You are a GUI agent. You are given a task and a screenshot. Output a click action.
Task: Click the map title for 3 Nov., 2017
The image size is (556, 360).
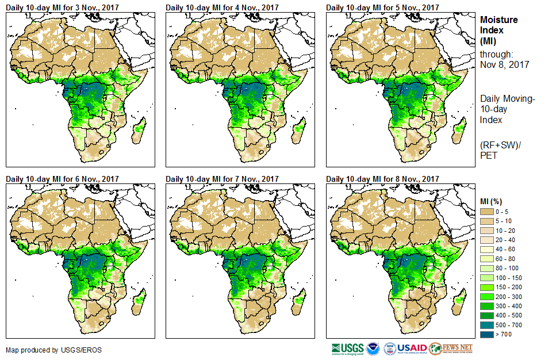pyautogui.click(x=62, y=7)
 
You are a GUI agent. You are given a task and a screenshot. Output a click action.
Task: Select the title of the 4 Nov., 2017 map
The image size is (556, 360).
pyautogui.click(x=222, y=7)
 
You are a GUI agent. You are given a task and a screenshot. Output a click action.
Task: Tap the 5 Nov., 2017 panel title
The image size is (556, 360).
pyautogui.click(x=382, y=7)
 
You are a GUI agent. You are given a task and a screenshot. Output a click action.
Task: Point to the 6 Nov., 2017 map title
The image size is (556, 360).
pyautogui.click(x=62, y=179)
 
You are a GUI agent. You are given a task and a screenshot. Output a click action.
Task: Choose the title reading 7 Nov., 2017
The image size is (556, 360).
pyautogui.click(x=222, y=179)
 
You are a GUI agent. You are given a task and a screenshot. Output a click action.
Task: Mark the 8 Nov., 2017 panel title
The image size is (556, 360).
pyautogui.click(x=382, y=179)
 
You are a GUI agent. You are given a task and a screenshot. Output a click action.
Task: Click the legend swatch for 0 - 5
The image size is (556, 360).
pyautogui.click(x=487, y=212)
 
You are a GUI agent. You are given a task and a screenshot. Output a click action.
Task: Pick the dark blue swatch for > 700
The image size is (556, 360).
pyautogui.click(x=487, y=334)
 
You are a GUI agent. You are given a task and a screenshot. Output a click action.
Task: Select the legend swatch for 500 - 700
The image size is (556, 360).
pyautogui.click(x=487, y=324)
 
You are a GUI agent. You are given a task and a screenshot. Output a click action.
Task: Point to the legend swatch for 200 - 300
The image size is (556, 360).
pyautogui.click(x=487, y=296)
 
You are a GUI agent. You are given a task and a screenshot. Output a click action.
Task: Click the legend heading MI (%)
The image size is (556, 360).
pyautogui.click(x=493, y=201)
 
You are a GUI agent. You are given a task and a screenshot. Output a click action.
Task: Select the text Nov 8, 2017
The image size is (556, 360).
pyautogui.click(x=505, y=64)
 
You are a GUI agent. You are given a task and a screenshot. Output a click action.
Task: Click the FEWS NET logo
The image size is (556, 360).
pyautogui.click(x=451, y=348)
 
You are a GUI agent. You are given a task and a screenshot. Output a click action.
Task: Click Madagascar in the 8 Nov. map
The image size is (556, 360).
pyautogui.click(x=458, y=302)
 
